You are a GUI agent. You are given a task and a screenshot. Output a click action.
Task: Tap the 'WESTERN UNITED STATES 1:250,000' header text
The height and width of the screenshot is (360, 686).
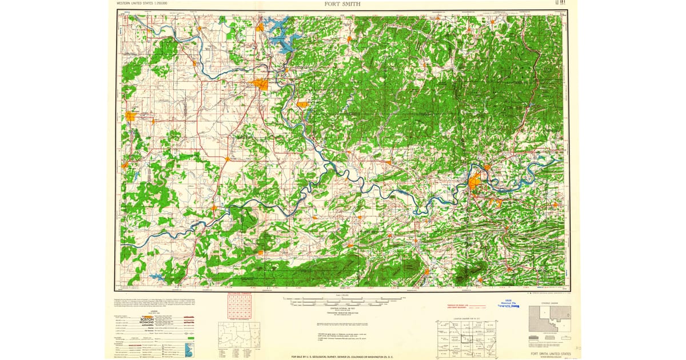pos(145,3)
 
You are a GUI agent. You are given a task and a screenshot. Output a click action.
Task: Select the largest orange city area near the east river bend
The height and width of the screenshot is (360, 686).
pos(474,183)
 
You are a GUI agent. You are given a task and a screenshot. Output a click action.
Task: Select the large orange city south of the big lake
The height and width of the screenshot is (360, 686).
pos(261,85)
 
